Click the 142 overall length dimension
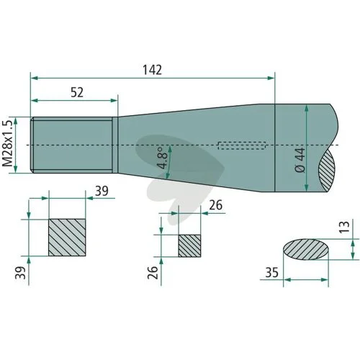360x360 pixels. [152, 70]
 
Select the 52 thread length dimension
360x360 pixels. [77, 92]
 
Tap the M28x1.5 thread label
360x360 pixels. [7, 143]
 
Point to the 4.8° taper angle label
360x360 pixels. [162, 158]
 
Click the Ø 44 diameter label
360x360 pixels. [300, 160]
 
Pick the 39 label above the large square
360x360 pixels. [102, 191]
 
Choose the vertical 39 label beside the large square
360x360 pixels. [20, 272]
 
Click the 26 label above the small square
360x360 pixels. [216, 205]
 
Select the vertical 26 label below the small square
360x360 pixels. [153, 272]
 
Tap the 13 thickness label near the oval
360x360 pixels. [344, 227]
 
